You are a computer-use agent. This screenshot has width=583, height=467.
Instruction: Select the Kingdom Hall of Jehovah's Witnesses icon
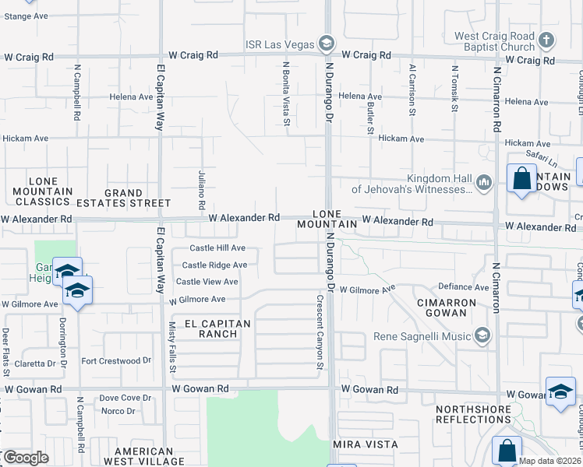[483, 182]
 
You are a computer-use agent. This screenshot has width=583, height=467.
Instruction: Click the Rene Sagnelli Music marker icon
[482, 335]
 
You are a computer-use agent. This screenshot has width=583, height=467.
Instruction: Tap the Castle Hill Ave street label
[219, 248]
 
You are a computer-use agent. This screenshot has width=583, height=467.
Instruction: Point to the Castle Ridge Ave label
[214, 265]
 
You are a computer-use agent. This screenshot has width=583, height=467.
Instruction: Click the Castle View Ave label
[207, 282]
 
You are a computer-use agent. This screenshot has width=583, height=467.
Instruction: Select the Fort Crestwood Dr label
[116, 360]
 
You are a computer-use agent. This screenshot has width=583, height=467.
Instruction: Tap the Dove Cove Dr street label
[125, 398]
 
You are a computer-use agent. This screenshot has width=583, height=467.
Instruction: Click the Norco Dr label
[118, 410]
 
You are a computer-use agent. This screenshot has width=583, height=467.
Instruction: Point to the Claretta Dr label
[34, 363]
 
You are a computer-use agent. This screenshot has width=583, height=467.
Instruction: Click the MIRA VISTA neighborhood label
[366, 444]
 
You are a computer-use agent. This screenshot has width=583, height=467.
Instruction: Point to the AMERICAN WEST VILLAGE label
[143, 456]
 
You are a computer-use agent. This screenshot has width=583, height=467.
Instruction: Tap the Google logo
[26, 458]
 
